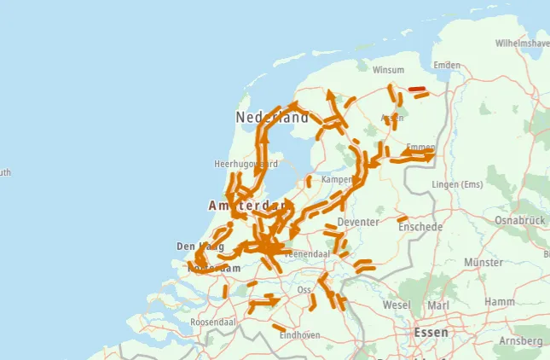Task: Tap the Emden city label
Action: pyautogui.click(x=447, y=65)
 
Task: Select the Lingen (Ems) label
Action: pyautogui.click(x=458, y=184)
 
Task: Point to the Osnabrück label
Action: pyautogui.click(x=519, y=220)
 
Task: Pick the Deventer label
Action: pyautogui.click(x=356, y=222)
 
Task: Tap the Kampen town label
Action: pyautogui.click(x=336, y=180)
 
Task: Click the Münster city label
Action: pyautogui.click(x=483, y=264)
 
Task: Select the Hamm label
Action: pyautogui.click(x=500, y=301)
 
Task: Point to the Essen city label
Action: pyautogui.click(x=431, y=332)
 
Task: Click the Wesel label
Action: pyautogui.click(x=397, y=305)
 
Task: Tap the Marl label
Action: pyautogui.click(x=437, y=305)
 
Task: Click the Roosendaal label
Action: pyautogui.click(x=212, y=322)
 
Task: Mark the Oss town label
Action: pyautogui.click(x=304, y=290)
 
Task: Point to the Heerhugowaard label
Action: pyautogui.click(x=246, y=163)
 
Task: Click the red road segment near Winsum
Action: pyautogui.click(x=418, y=89)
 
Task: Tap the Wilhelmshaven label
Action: pyautogui.click(x=522, y=42)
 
